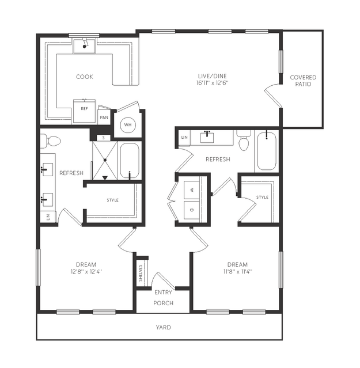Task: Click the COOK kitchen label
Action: point(85,77)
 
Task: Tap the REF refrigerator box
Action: point(84,111)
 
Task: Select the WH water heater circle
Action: point(128,125)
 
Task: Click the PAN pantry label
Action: point(104,117)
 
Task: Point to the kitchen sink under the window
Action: point(85,46)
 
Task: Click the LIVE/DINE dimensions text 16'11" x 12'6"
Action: point(213,83)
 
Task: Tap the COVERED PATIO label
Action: point(303,81)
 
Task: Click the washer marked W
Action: point(192,189)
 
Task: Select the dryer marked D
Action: point(192,210)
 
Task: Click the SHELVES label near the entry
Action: point(141,273)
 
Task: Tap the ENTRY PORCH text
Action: point(164,298)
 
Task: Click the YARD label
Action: point(164,327)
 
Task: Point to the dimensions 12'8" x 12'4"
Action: point(86,272)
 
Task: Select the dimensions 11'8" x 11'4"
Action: point(237,272)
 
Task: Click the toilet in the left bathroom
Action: point(50,141)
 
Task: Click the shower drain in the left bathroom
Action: point(105,160)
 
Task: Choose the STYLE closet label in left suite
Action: point(113,200)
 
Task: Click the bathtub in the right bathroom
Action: point(266,151)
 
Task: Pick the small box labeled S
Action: point(104,138)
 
